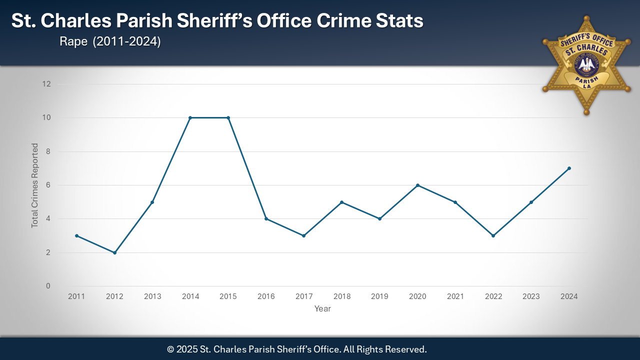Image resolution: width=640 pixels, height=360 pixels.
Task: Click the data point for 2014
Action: click(190, 118)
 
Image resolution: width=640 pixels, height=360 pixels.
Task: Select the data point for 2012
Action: click(114, 252)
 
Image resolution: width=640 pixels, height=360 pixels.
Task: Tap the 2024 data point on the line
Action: click(569, 168)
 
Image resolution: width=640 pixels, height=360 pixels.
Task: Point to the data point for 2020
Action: click(417, 185)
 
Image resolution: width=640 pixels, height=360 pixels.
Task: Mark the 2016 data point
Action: click(266, 218)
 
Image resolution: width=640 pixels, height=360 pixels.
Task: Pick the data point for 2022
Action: click(493, 235)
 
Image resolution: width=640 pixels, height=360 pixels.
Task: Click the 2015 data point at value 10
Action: click(228, 118)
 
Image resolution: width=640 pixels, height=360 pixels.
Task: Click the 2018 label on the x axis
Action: click(342, 296)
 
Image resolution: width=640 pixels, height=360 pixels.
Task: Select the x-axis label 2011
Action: click(76, 296)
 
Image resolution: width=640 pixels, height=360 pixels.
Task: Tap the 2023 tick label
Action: click(531, 296)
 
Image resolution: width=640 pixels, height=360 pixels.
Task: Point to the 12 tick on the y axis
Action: click(46, 84)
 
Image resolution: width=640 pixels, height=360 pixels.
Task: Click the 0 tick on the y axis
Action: click(48, 286)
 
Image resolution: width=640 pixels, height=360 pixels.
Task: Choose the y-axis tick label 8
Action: click(48, 151)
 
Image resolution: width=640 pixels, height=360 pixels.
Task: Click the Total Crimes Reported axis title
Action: click(35, 185)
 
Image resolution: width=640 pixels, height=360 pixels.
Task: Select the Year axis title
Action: click(322, 309)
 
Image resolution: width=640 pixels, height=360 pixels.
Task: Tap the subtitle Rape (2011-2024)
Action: click(110, 42)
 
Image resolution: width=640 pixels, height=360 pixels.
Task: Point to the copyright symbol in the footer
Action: click(170, 349)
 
